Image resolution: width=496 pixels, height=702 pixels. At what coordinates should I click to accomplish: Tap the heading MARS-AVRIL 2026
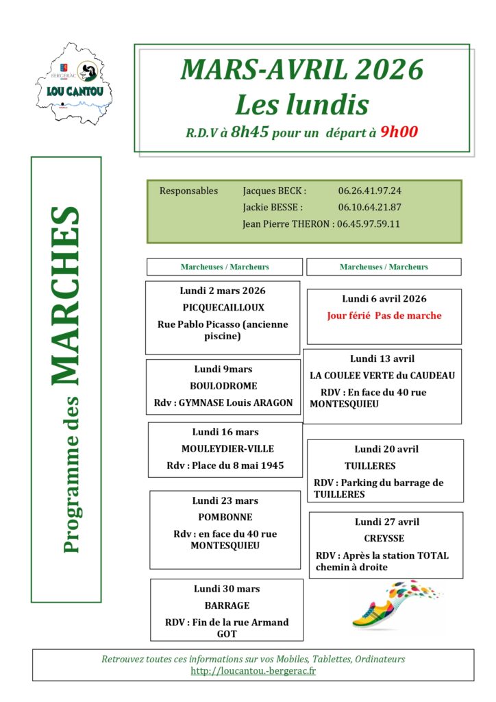pos(302,70)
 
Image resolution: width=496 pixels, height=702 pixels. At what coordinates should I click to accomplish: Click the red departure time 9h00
pos(399,132)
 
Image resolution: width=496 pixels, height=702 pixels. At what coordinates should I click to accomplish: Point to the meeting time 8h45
pos(249,132)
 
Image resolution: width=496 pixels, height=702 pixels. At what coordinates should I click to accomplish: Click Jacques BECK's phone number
pos(369,191)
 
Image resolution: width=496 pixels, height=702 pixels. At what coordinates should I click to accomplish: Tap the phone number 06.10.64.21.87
pos(369,207)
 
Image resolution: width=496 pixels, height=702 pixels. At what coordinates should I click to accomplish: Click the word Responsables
pos(188,191)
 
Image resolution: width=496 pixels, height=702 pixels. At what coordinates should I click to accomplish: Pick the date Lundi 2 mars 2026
pos(223,291)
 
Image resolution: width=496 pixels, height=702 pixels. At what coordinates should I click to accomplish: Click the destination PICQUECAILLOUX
pos(223,308)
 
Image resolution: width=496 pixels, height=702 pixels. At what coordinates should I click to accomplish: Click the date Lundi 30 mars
pos(227,588)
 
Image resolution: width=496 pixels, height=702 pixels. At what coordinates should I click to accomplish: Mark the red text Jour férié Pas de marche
pos(384,316)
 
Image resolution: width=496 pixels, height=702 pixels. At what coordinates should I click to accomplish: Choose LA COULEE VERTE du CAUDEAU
pos(382,376)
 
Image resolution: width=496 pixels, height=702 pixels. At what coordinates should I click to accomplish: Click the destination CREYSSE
pos(384,538)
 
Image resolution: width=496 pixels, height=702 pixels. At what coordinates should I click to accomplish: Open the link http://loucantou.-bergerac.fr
pos(253,671)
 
